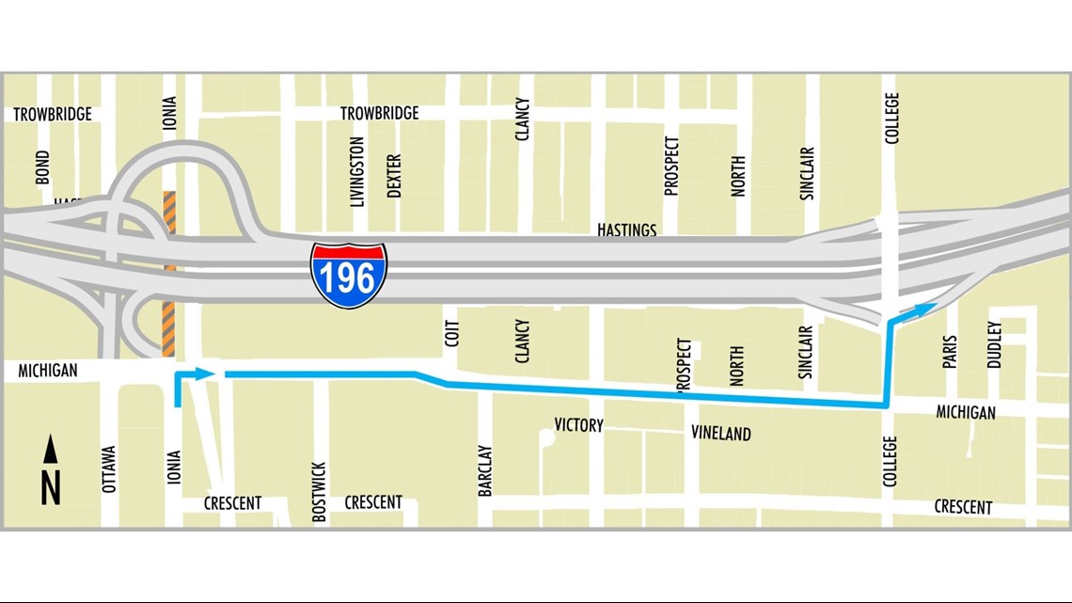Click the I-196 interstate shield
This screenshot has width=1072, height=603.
[x=349, y=275]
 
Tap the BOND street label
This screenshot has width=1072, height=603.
[x=43, y=168]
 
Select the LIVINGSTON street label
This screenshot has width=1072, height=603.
[x=357, y=171]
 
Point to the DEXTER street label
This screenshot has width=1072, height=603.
[x=394, y=175]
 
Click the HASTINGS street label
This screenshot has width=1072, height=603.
[x=627, y=230]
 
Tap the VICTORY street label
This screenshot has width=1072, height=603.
[x=578, y=425]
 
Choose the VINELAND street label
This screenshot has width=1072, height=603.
[x=721, y=434]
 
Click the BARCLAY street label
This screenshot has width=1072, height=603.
[x=485, y=470]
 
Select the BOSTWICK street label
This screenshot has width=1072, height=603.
[x=319, y=491]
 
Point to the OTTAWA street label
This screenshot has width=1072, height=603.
[x=109, y=469]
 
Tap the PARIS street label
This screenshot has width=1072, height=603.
[x=950, y=352]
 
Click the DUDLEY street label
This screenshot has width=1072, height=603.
[x=995, y=345]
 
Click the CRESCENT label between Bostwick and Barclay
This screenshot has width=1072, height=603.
[x=373, y=502]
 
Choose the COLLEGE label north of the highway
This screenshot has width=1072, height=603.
[x=892, y=118]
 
